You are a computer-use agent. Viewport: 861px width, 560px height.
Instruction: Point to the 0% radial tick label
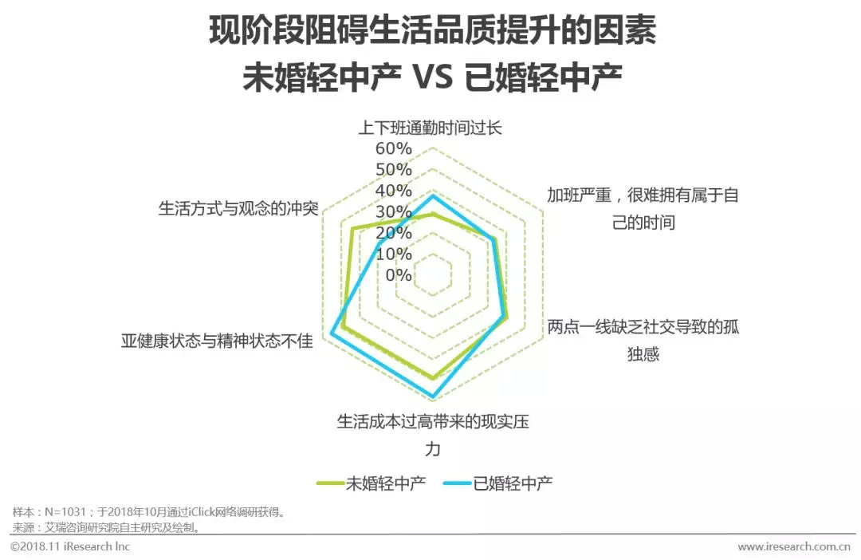point(399,275)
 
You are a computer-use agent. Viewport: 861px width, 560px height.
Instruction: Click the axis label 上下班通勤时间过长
point(431,128)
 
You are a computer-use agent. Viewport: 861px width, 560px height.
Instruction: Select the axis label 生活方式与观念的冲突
point(238,209)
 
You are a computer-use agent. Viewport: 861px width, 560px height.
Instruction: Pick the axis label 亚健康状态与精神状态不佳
point(217,341)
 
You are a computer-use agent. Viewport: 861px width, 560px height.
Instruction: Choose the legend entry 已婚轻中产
point(513,483)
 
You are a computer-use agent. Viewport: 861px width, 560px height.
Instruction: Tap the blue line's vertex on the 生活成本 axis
point(433,396)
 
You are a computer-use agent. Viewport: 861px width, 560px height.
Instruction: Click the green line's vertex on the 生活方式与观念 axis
point(352,230)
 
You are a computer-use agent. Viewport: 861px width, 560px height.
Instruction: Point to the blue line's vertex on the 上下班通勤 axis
point(433,195)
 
